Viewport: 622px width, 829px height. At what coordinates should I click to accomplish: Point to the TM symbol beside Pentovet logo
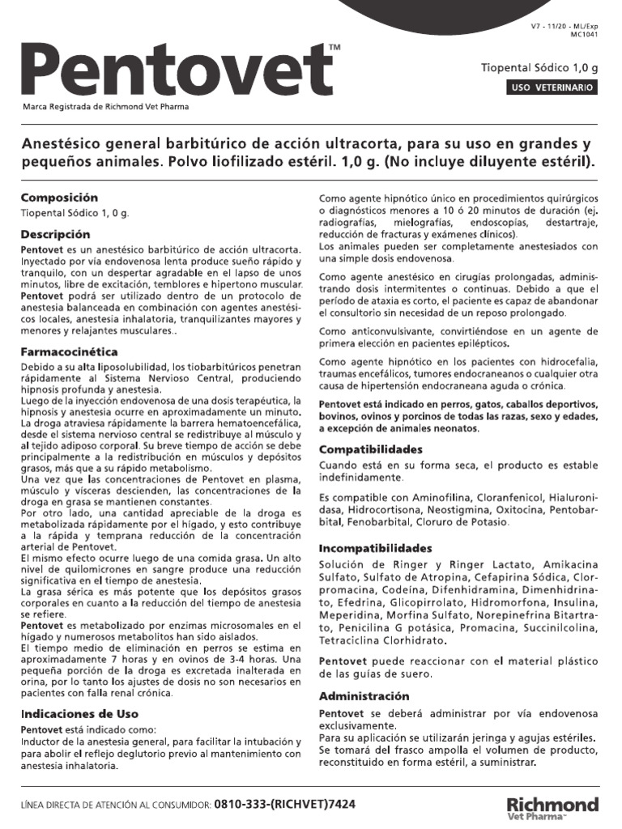click(335, 49)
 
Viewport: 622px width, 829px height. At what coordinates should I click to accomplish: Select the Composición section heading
click(59, 198)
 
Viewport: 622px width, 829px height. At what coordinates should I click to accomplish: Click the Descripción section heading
click(54, 234)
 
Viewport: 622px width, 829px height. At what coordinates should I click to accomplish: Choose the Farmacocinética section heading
click(70, 352)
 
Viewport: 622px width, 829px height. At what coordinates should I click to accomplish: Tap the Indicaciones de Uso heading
click(79, 714)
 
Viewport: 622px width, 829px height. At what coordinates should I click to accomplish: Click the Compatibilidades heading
click(371, 449)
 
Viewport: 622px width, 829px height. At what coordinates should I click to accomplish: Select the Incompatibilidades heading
click(376, 548)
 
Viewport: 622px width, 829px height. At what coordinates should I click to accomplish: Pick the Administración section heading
click(364, 696)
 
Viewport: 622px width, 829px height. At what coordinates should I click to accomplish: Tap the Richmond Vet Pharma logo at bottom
click(552, 808)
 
